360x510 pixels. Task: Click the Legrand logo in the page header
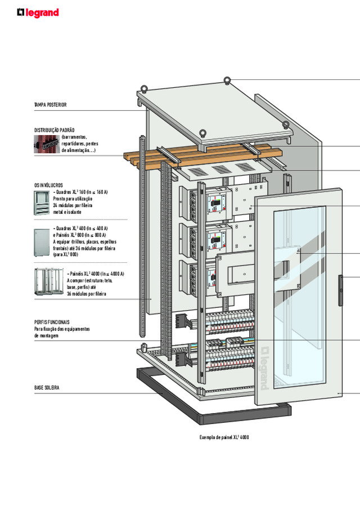coord(38,12)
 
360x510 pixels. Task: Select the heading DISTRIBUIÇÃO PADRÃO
coord(55,130)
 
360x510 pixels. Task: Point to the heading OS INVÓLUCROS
coord(48,185)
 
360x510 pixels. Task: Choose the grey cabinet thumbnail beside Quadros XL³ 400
coord(42,238)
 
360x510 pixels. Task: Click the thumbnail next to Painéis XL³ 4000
coord(49,282)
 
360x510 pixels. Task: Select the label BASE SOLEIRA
coord(47,388)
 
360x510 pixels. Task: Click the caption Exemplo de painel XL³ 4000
coord(224,437)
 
